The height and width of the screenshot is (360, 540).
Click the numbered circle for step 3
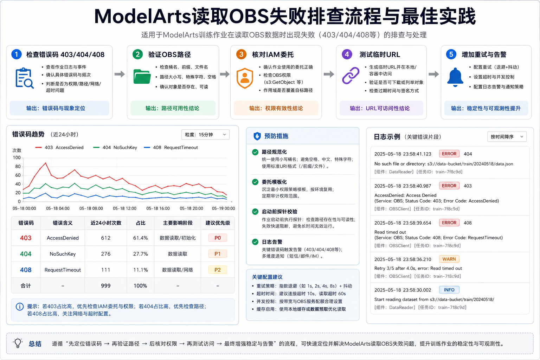(x=241, y=54)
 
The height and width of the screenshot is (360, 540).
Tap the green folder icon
(x=142, y=77)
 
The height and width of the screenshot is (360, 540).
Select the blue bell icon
(x=455, y=77)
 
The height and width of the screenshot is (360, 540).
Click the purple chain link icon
(x=351, y=76)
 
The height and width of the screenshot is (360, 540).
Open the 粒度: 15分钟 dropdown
(x=205, y=135)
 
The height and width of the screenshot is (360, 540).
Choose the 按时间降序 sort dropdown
(x=507, y=137)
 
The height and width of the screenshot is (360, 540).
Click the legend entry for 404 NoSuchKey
(x=115, y=147)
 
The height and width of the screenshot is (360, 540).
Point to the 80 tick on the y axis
(x=18, y=166)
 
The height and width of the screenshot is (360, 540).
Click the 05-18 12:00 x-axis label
(x=125, y=208)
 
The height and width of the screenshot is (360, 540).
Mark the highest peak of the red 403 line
(x=45, y=163)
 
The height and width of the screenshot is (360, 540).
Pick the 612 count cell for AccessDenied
(x=105, y=238)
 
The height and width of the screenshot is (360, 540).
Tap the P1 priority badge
(x=218, y=254)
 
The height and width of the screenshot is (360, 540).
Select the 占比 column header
(x=141, y=223)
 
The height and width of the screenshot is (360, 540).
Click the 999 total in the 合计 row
(x=105, y=286)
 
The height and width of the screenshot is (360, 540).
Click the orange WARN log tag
(x=449, y=259)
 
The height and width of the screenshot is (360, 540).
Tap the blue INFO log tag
(x=449, y=290)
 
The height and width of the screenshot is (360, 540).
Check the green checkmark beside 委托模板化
(x=255, y=182)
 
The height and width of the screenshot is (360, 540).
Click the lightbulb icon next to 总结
(x=18, y=343)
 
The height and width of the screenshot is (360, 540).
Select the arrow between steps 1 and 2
(x=120, y=74)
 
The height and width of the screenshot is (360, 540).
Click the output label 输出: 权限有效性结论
(x=276, y=108)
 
